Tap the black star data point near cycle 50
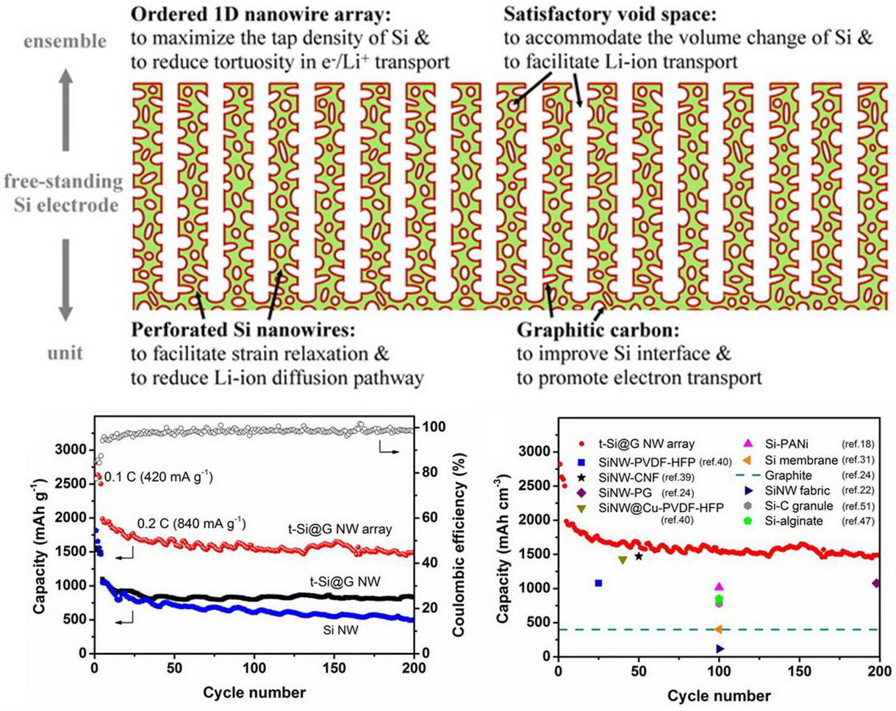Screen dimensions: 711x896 coord(639,556)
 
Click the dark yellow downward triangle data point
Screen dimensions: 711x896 coord(623,560)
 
